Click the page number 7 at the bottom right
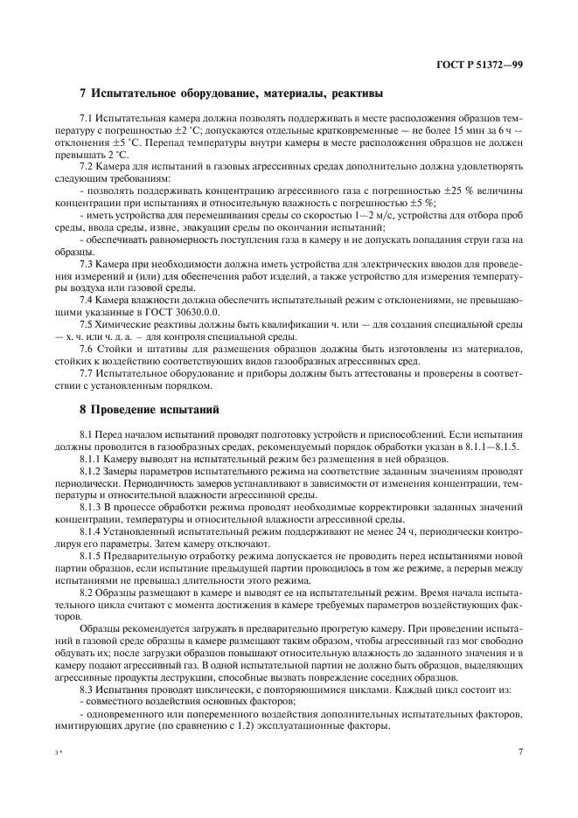520,750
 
